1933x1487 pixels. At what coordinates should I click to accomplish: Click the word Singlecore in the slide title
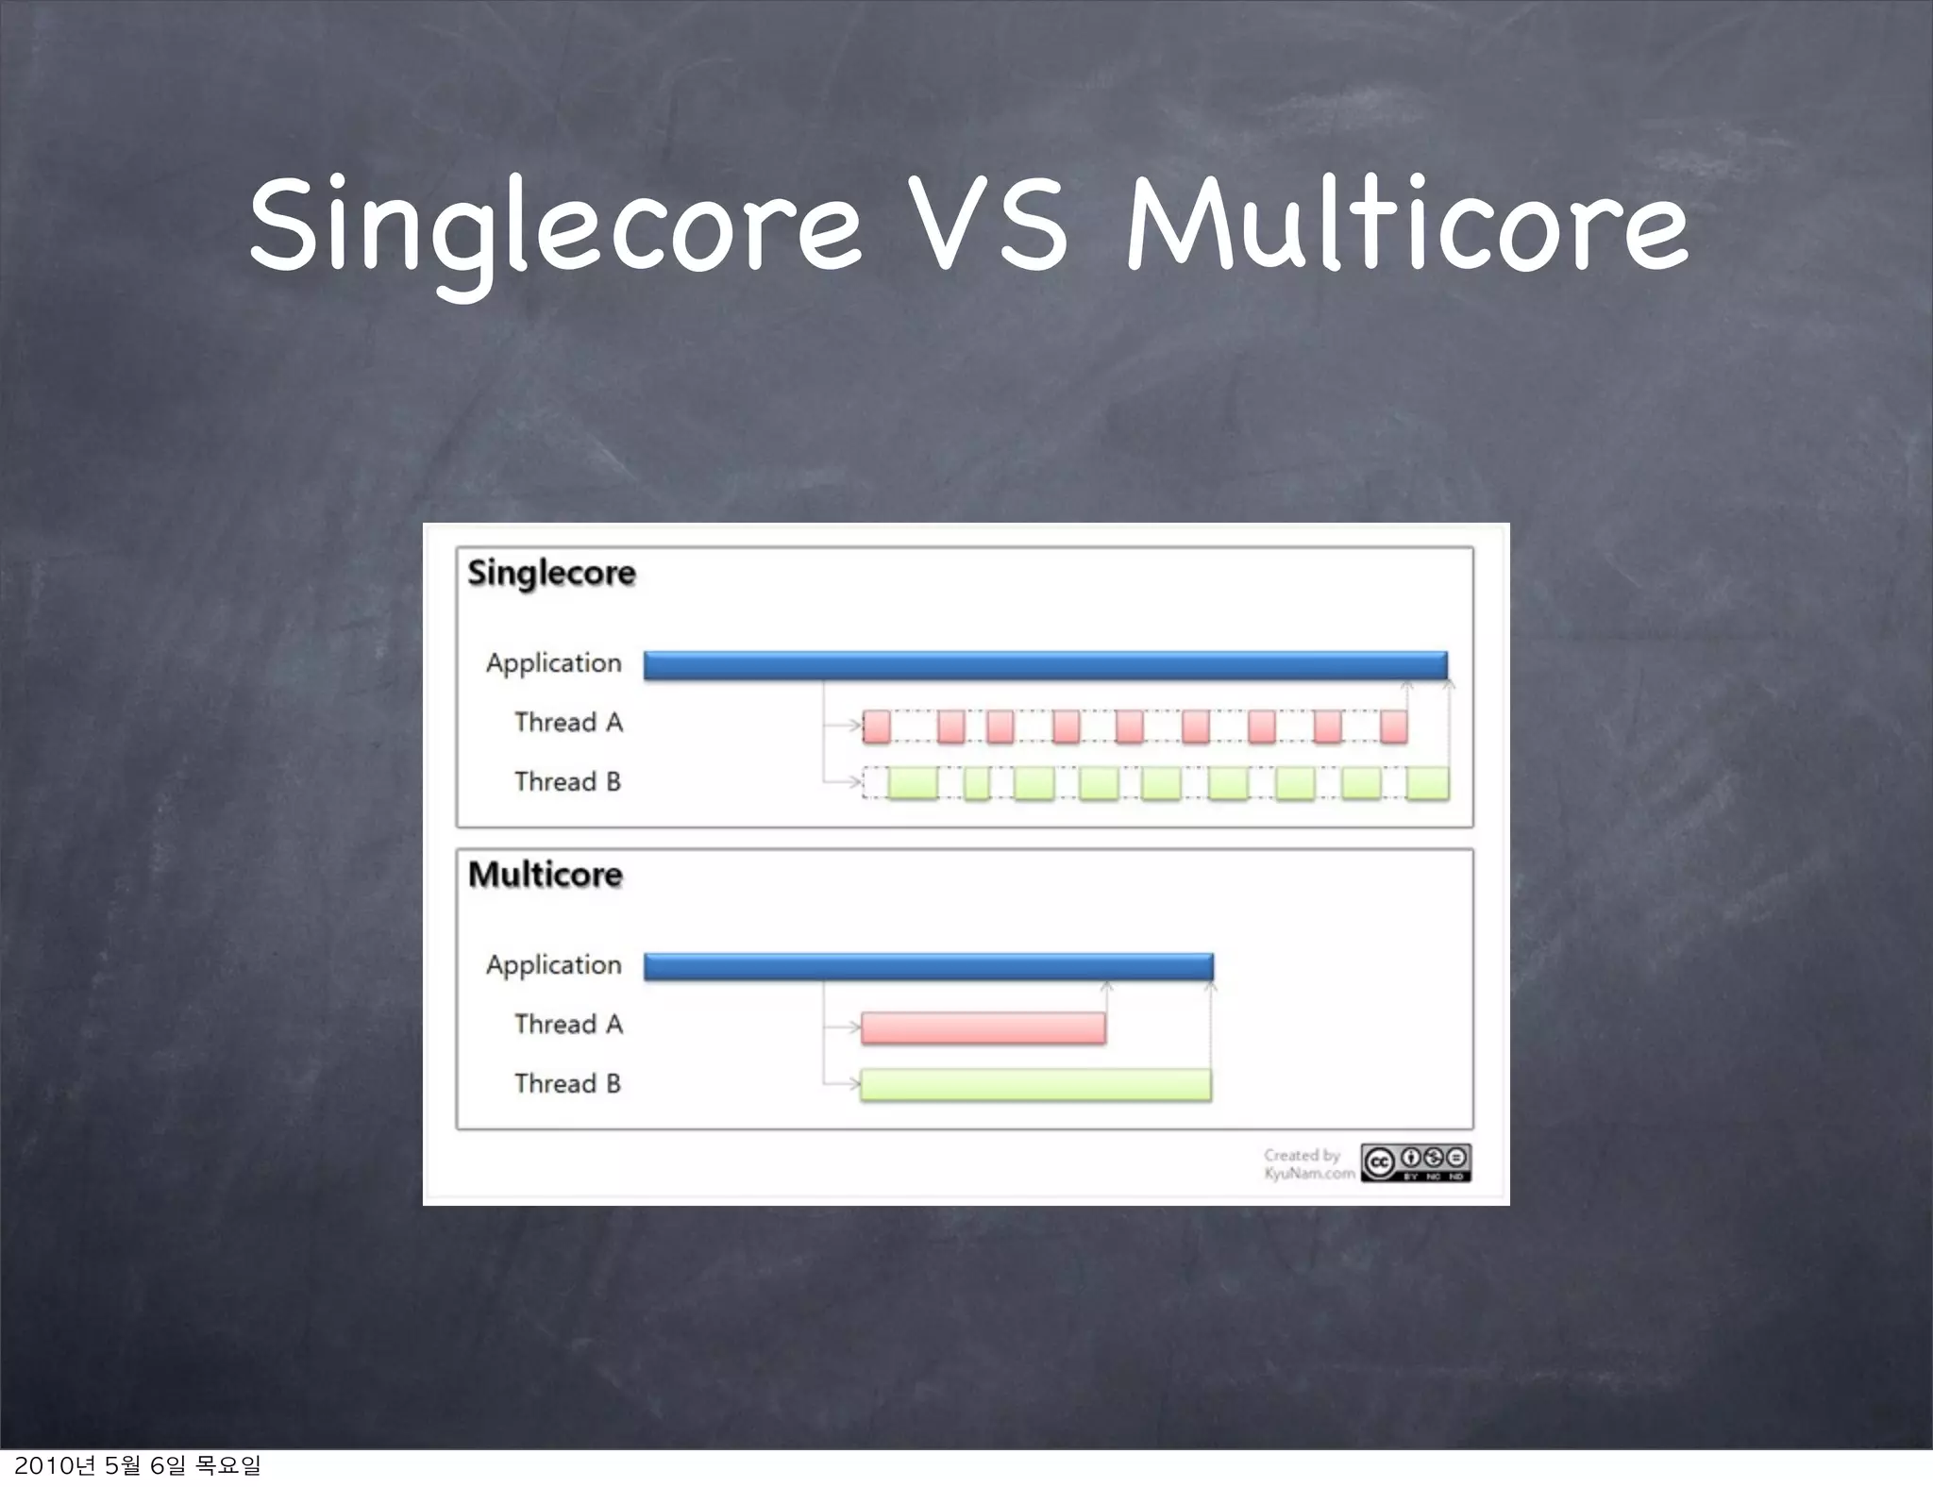tap(555, 226)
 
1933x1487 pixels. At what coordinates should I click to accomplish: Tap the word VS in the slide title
tap(992, 226)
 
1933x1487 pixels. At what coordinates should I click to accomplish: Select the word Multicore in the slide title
tap(1406, 226)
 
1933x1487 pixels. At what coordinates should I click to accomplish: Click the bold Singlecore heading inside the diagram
tap(552, 573)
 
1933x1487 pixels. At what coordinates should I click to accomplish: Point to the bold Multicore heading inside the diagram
tap(546, 875)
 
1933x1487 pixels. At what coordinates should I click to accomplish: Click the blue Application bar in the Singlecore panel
tap(1045, 664)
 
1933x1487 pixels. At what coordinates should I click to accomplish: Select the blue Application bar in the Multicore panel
tap(928, 966)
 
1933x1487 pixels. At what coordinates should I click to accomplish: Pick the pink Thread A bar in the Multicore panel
tap(983, 1028)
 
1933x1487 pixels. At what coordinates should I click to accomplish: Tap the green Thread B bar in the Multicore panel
tap(1035, 1085)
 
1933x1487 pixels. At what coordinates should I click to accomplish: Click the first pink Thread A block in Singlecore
tap(877, 727)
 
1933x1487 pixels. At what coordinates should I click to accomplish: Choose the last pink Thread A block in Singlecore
tap(1393, 727)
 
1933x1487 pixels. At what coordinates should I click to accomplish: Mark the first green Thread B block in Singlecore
tap(913, 783)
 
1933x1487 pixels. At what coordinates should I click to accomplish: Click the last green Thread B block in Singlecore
tap(1427, 783)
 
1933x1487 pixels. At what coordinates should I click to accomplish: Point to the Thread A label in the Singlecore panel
tap(568, 723)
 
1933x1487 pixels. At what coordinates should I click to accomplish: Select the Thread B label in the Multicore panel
tap(567, 1083)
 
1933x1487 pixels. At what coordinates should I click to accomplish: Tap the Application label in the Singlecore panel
tap(554, 663)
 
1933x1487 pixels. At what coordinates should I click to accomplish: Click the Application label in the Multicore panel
tap(554, 965)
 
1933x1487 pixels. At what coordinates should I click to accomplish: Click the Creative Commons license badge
tap(1415, 1162)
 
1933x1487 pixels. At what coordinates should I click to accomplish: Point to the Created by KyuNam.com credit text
tap(1308, 1164)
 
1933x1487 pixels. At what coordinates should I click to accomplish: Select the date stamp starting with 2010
tap(137, 1465)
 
